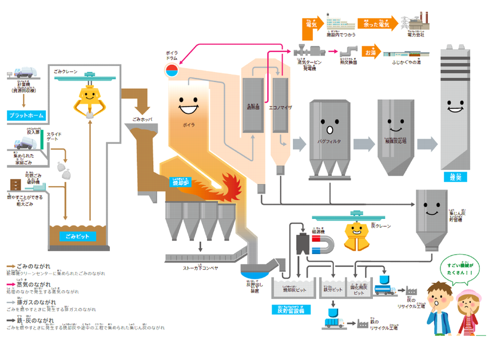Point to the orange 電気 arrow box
313,24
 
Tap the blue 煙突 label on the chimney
455,177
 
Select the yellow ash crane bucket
357,235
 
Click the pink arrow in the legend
11,284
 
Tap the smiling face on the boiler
188,104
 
